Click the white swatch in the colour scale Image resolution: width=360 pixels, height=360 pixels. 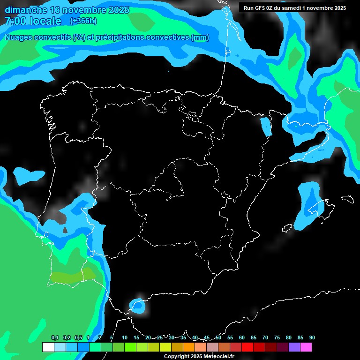pyautogui.click(x=48, y=347)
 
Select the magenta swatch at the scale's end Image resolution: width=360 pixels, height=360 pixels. pyautogui.click(x=306, y=347)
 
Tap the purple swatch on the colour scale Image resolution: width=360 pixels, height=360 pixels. pyautogui.click(x=294, y=347)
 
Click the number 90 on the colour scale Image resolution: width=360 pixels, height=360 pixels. pyautogui.click(x=312, y=338)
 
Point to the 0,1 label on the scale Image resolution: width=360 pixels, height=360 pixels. pyautogui.click(x=55, y=338)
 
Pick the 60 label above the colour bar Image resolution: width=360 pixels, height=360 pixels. pyautogui.click(x=242, y=338)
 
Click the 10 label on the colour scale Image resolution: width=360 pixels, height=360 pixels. pyautogui.click(x=125, y=338)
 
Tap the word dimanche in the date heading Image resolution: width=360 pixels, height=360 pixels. pyautogui.click(x=26, y=10)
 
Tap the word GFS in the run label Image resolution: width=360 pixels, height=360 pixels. pyautogui.click(x=261, y=8)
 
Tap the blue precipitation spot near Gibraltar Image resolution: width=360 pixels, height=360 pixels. pyautogui.click(x=138, y=306)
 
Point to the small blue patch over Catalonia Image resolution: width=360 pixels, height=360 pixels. pyautogui.click(x=266, y=127)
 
